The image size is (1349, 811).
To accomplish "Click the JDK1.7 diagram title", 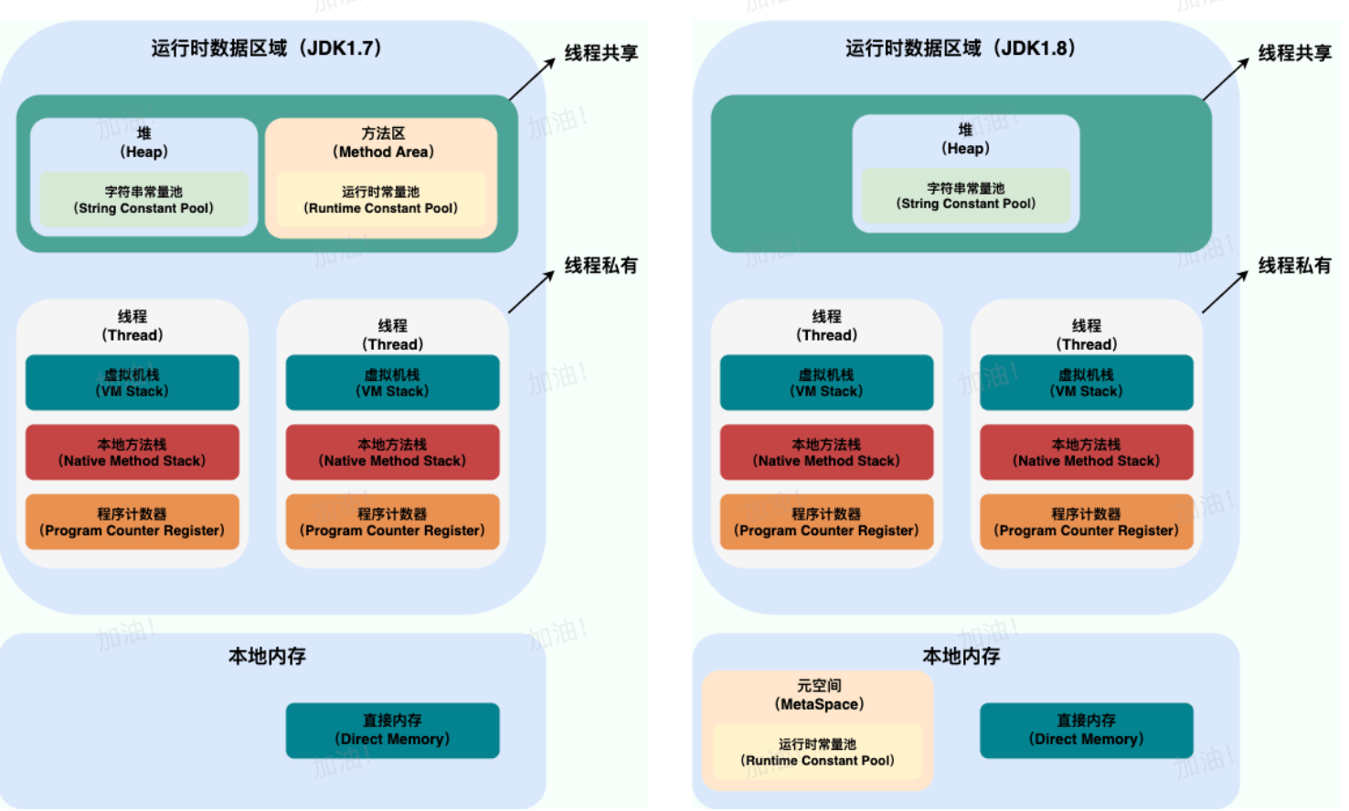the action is (x=267, y=48).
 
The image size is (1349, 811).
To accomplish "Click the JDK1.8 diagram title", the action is (x=961, y=48).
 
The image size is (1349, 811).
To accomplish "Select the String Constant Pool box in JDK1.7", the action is (x=143, y=200).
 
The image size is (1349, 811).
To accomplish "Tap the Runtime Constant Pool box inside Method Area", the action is (x=381, y=200).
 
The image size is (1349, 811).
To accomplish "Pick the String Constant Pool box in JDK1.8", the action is (x=966, y=196).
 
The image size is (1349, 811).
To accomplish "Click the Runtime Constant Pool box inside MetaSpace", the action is (x=818, y=752).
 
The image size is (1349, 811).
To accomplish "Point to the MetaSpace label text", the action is (x=819, y=695).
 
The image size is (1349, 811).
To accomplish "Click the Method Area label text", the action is (x=383, y=142).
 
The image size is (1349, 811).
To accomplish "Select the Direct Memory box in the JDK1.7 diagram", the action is (x=393, y=731).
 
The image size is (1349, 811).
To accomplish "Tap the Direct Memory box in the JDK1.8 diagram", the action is (x=1087, y=731).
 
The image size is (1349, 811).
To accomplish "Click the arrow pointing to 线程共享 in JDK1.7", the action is (x=532, y=79).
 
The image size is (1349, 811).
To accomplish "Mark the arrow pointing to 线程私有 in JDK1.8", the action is (x=1226, y=291).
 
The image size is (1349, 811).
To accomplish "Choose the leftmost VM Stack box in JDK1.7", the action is (x=133, y=383).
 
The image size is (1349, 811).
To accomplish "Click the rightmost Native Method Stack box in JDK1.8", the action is (x=1087, y=452).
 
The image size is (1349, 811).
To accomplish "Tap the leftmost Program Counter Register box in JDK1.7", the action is (x=133, y=522).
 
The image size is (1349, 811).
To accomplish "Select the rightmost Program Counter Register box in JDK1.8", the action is (x=1087, y=522).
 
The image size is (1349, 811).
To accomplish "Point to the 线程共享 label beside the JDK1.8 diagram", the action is (x=1295, y=53).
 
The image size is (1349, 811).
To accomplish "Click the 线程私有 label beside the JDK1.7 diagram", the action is (x=601, y=266).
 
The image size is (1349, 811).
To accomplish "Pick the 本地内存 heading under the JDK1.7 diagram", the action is (x=267, y=656).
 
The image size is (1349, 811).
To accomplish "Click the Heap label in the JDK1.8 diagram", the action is (x=965, y=139).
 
